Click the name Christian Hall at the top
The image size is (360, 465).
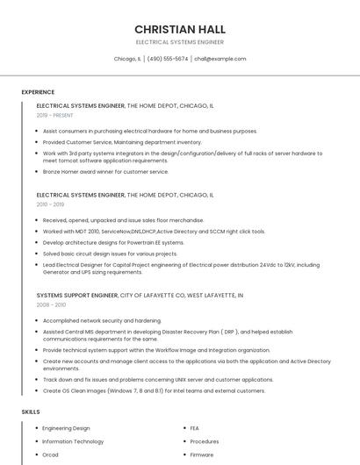(x=179, y=29)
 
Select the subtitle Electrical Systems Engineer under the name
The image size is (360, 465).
(x=179, y=42)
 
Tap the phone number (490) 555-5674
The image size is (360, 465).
(x=167, y=59)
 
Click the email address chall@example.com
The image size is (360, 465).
(x=220, y=59)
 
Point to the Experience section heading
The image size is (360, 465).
(x=38, y=92)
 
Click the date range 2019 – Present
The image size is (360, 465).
(x=55, y=115)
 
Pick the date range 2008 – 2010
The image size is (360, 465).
(x=51, y=304)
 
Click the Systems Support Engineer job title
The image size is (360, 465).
(x=77, y=296)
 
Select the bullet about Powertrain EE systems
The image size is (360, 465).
(x=113, y=242)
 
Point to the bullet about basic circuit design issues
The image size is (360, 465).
(x=110, y=254)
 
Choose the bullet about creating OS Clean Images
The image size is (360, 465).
(x=154, y=390)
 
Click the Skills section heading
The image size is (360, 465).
(x=31, y=411)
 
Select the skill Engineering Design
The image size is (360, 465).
(x=66, y=428)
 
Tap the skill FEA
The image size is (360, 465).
(x=195, y=428)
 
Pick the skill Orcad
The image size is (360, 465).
(x=50, y=454)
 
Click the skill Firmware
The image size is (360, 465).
(x=202, y=454)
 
